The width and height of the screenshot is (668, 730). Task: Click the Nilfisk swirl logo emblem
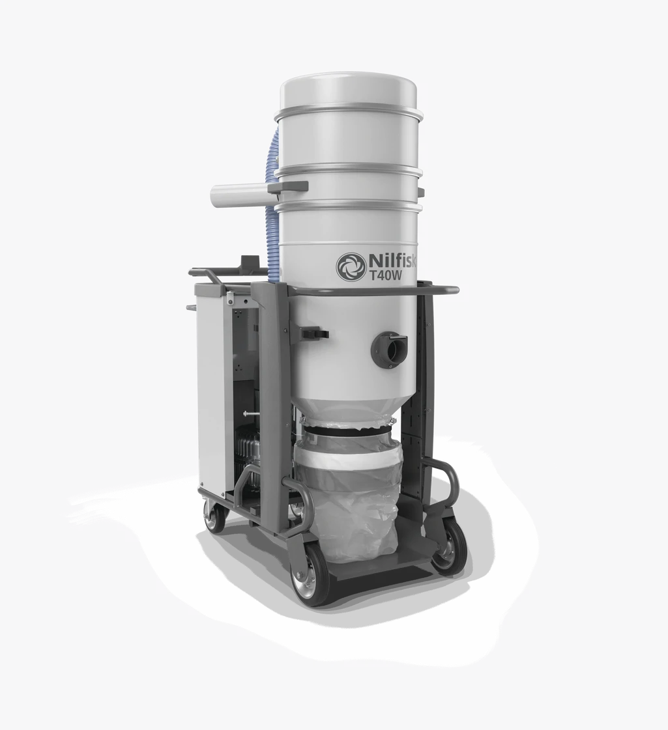(349, 266)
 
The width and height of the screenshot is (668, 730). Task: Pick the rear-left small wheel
(214, 517)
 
